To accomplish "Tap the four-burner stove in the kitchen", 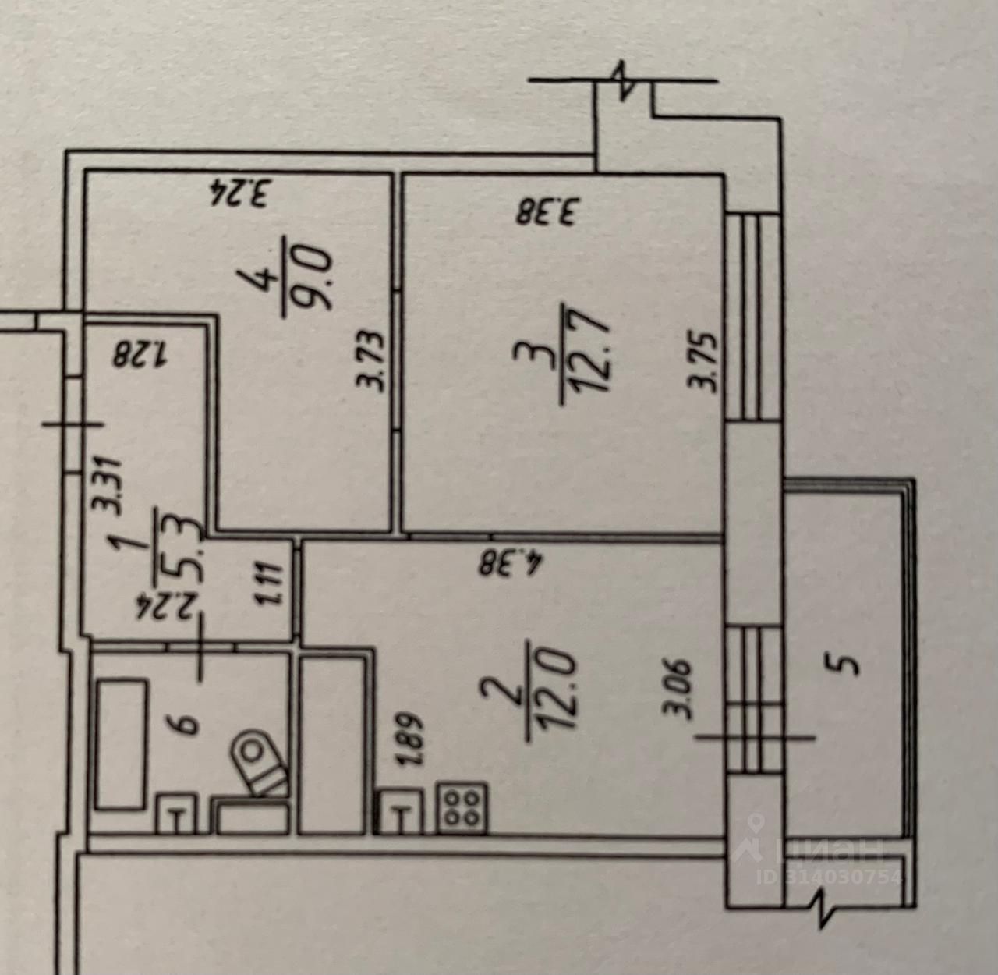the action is click(x=462, y=807).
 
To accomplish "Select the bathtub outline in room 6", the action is click(x=121, y=743).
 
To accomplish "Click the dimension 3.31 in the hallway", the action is click(x=106, y=484).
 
